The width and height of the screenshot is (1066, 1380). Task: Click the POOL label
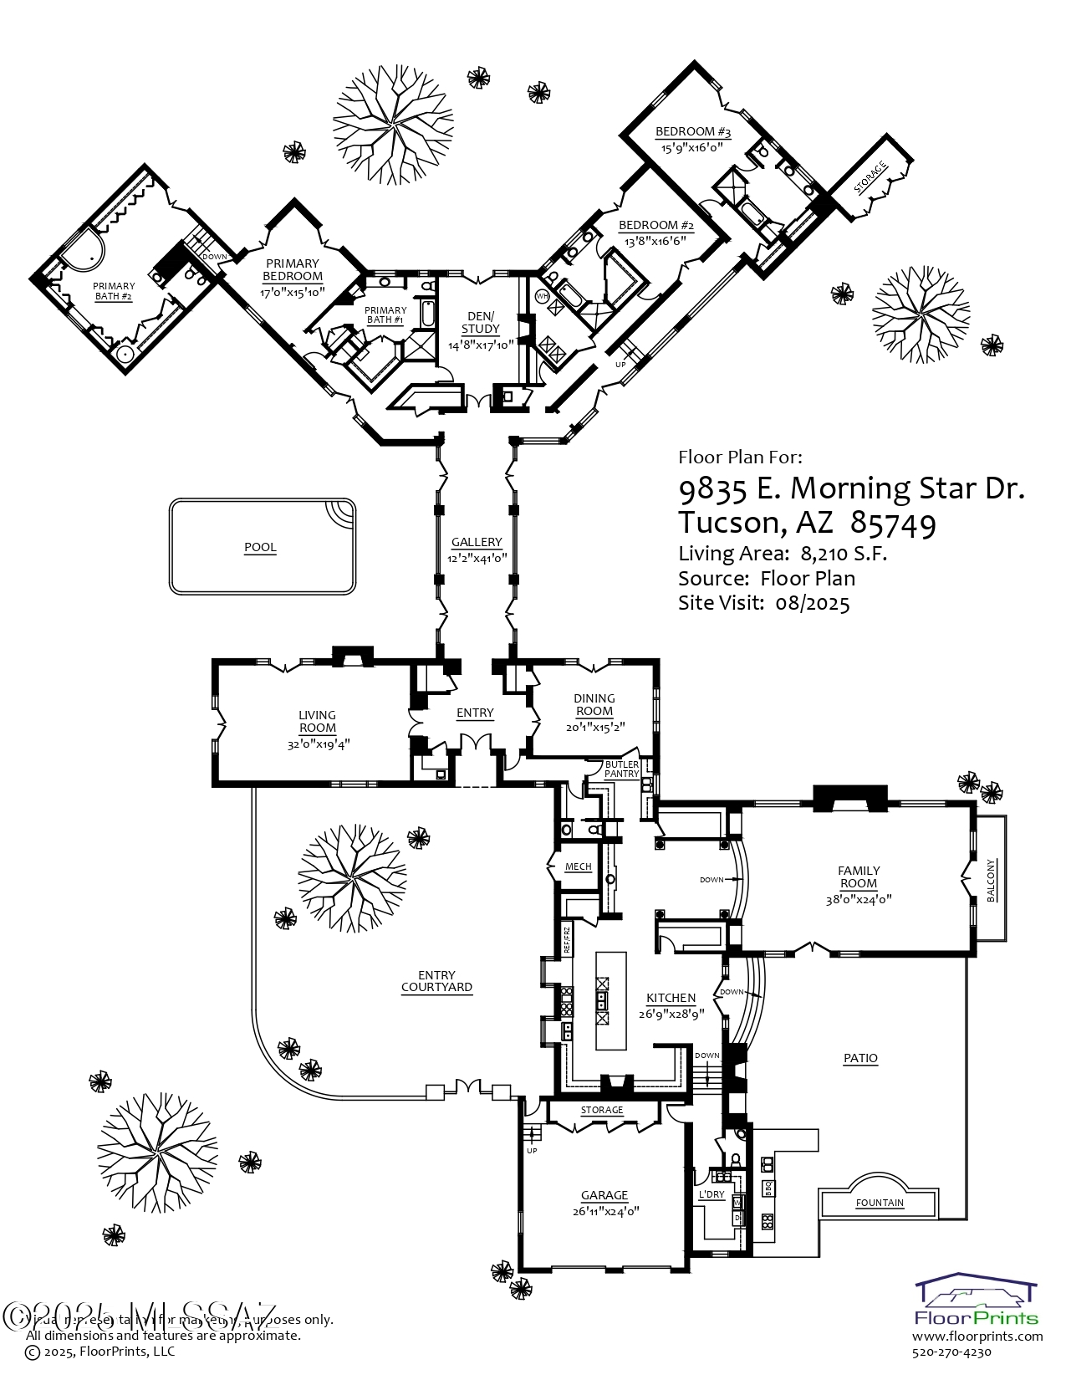pos(260,548)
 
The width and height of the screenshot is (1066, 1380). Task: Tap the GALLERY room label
pos(477,542)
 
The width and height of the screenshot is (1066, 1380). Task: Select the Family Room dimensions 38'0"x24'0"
pos(859,900)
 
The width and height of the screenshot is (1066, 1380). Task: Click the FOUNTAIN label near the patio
pos(880,1203)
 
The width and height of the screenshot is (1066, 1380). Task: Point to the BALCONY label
pos(992,880)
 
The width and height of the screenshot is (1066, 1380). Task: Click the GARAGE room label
pos(604,1195)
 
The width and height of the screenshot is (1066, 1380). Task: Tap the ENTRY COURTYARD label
pos(436,981)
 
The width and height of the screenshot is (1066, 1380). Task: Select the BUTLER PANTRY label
pos(622,769)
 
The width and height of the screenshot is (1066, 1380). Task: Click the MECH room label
pos(578,866)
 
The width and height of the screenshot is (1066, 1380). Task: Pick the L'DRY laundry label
pos(712,1193)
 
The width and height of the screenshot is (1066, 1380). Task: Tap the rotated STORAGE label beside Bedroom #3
pos(870,178)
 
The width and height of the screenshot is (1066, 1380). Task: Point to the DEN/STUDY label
pos(480,322)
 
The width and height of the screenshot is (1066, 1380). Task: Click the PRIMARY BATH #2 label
pos(114,291)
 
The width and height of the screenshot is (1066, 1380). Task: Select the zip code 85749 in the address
pos(893,524)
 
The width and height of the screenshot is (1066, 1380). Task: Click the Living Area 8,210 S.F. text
pos(783,553)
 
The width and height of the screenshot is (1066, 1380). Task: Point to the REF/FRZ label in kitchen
pos(566,940)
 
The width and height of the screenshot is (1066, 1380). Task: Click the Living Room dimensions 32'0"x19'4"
pos(318,741)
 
